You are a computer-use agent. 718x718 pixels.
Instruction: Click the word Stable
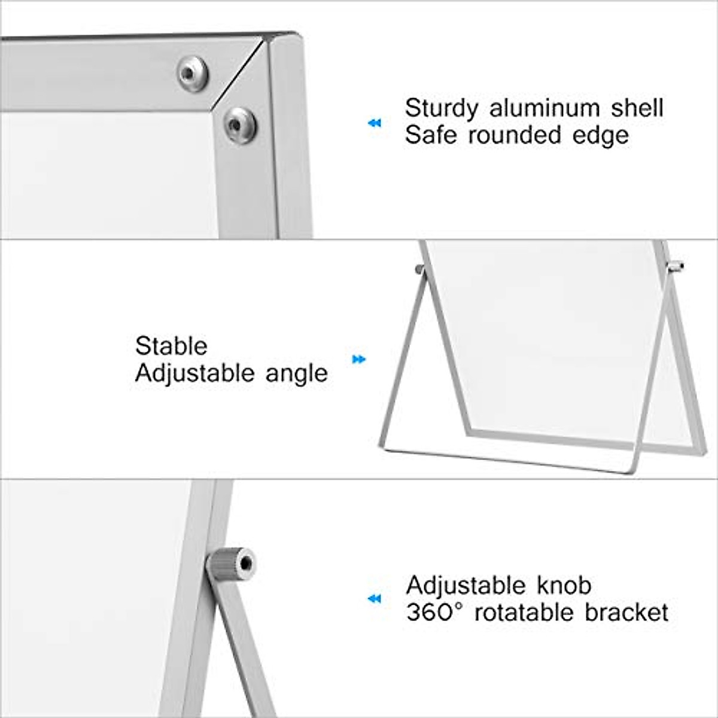(x=171, y=346)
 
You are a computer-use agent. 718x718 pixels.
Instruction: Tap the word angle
(x=297, y=374)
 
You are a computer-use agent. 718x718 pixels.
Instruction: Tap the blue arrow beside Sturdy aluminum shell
(x=375, y=123)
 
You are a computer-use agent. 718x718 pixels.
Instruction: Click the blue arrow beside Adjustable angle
(x=358, y=360)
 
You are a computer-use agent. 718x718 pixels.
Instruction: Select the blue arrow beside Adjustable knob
(x=375, y=598)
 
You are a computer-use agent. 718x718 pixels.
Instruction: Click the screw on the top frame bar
(x=192, y=73)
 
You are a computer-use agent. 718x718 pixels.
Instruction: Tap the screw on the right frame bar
(x=240, y=124)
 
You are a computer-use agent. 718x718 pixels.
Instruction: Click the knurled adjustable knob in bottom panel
(x=232, y=564)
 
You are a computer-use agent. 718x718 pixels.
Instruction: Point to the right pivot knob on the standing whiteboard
(x=676, y=266)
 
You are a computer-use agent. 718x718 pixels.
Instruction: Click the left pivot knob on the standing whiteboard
(x=420, y=269)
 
